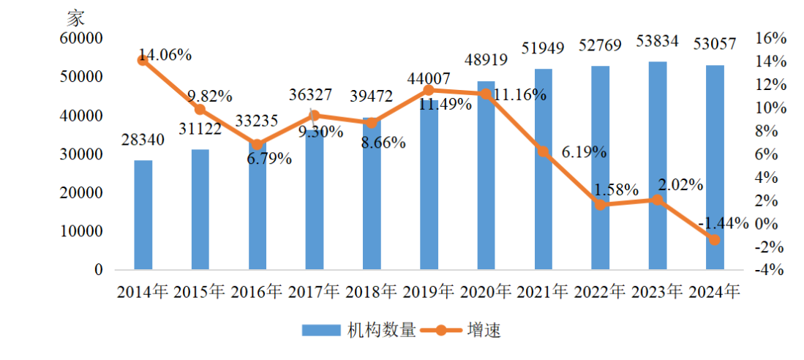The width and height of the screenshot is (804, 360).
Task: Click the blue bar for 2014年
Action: pos(143,214)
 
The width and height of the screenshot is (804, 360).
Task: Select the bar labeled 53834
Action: pos(658,165)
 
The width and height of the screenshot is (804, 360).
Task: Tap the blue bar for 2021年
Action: pos(544,169)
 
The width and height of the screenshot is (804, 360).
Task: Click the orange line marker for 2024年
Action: pos(715,240)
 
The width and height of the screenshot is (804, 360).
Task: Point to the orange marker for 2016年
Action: pos(258,145)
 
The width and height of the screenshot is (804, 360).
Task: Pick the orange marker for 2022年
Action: pos(601,205)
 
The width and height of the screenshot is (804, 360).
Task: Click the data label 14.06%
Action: pos(165,55)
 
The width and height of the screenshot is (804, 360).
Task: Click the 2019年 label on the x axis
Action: pos(429,292)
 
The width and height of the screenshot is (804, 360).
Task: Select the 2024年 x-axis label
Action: pos(715,292)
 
